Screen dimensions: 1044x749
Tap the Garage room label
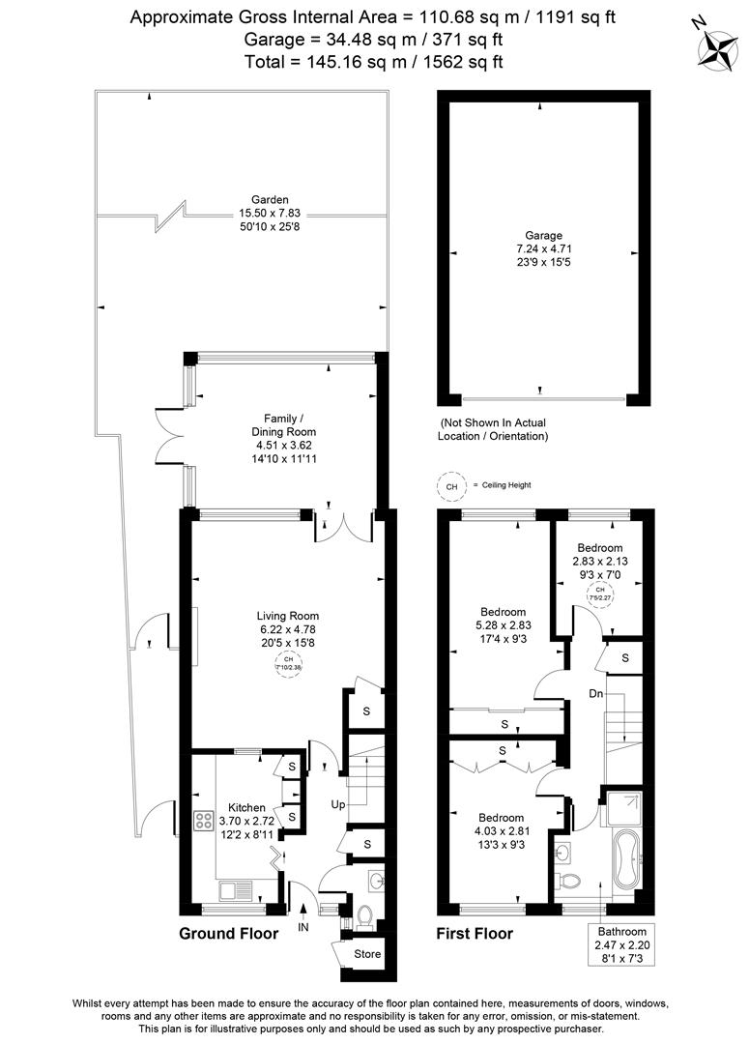tap(542, 235)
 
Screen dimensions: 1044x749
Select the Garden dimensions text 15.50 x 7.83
tap(244, 213)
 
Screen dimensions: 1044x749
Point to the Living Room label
tap(287, 616)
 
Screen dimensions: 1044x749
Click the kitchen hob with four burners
tap(205, 821)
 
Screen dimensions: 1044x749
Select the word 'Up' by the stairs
tap(337, 804)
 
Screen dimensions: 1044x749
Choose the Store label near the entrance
tap(367, 954)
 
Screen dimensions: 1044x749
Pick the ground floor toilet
tap(365, 914)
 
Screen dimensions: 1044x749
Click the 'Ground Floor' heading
tap(228, 934)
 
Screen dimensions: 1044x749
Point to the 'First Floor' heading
tap(475, 934)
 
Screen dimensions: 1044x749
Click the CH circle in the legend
tap(449, 486)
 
